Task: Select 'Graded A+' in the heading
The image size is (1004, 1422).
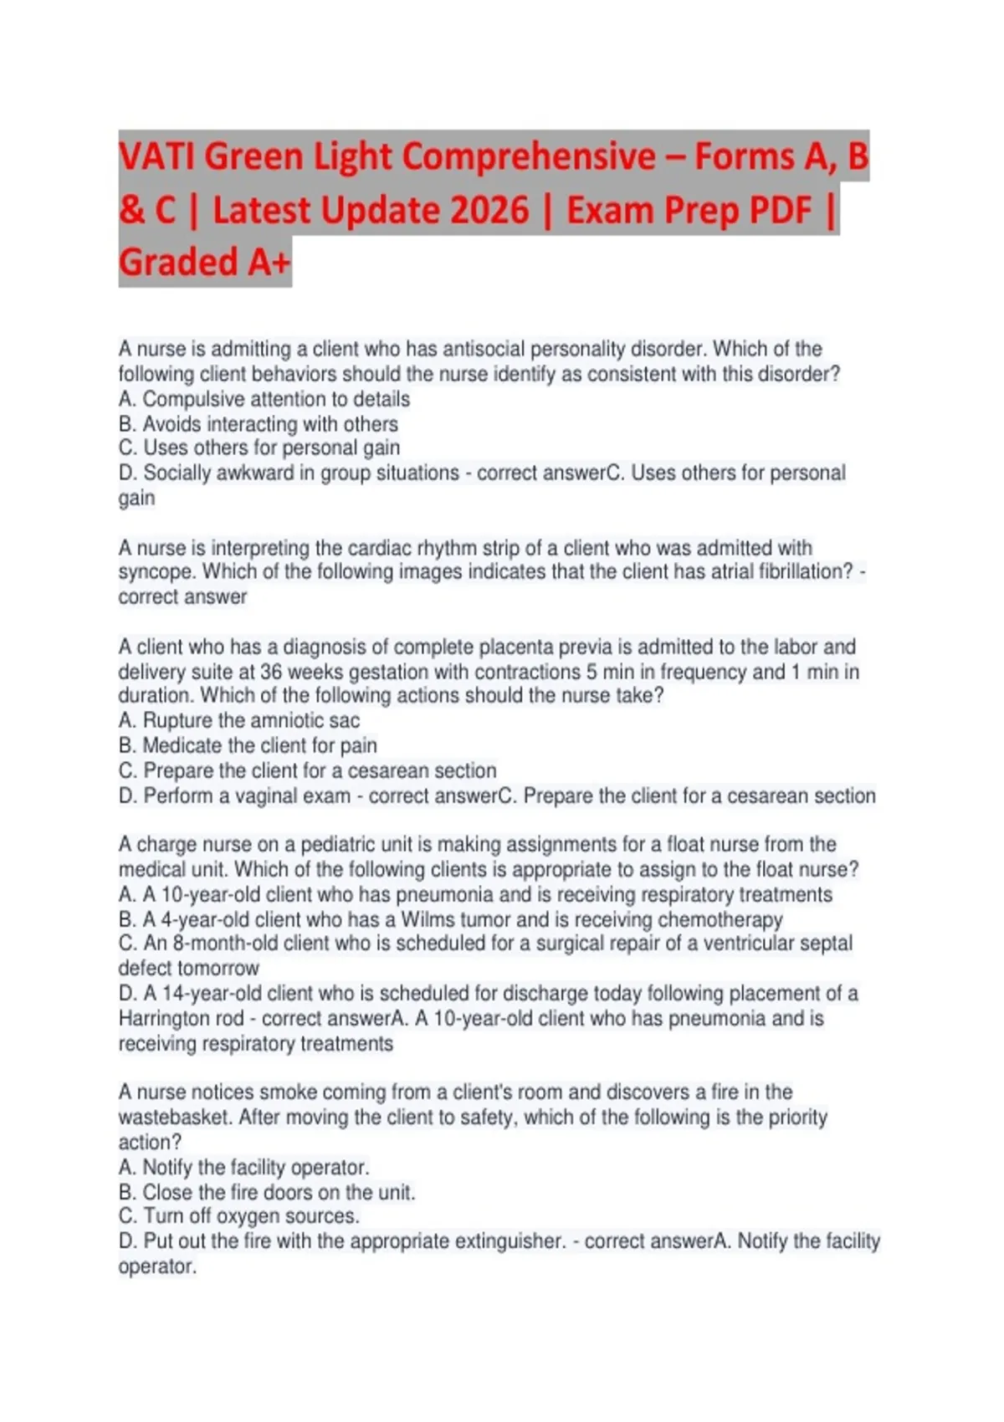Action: (204, 263)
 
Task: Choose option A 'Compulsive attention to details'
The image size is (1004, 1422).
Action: (264, 399)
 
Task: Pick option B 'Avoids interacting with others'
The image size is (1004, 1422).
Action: (259, 424)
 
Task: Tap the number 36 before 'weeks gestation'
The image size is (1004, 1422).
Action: (271, 672)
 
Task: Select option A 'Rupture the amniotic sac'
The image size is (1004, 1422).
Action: (239, 720)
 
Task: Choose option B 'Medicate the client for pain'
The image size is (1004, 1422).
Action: (248, 745)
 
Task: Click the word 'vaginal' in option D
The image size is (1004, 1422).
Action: (273, 795)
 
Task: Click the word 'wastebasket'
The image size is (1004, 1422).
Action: (173, 1118)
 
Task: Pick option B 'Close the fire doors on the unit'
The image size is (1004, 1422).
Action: (267, 1192)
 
